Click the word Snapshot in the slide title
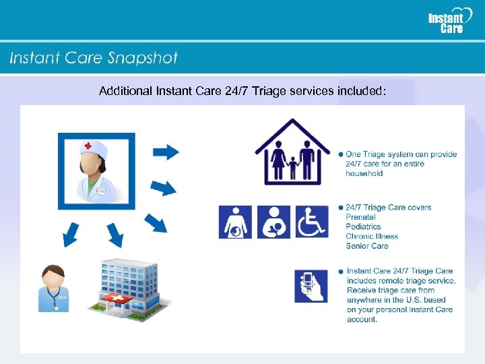click(x=142, y=58)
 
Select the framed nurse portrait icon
click(x=96, y=171)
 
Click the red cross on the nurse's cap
click(x=88, y=146)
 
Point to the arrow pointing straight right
click(x=166, y=152)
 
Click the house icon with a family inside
click(x=292, y=153)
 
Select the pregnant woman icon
click(x=236, y=222)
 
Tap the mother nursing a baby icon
click(x=273, y=222)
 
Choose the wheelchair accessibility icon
click(x=312, y=222)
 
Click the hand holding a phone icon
click(x=311, y=286)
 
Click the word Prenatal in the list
click(x=360, y=217)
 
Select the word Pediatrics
click(x=363, y=226)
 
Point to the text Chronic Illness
click(x=372, y=236)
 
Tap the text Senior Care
click(x=366, y=246)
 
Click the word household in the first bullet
click(x=364, y=173)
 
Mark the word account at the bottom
click(x=362, y=320)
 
